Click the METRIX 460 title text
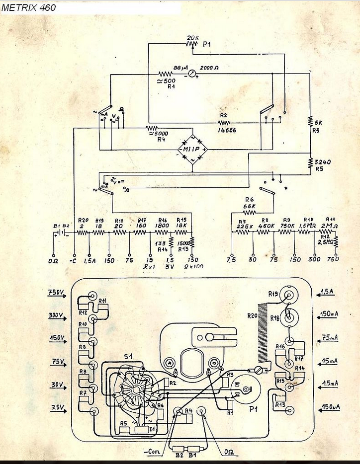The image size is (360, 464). pyautogui.click(x=29, y=7)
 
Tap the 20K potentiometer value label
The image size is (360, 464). pyautogui.click(x=192, y=38)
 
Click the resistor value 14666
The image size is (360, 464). pyautogui.click(x=226, y=130)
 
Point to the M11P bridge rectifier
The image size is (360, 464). pyautogui.click(x=192, y=149)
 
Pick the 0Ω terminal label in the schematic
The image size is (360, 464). pyautogui.click(x=53, y=260)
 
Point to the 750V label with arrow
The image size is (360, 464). pyautogui.click(x=56, y=293)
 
